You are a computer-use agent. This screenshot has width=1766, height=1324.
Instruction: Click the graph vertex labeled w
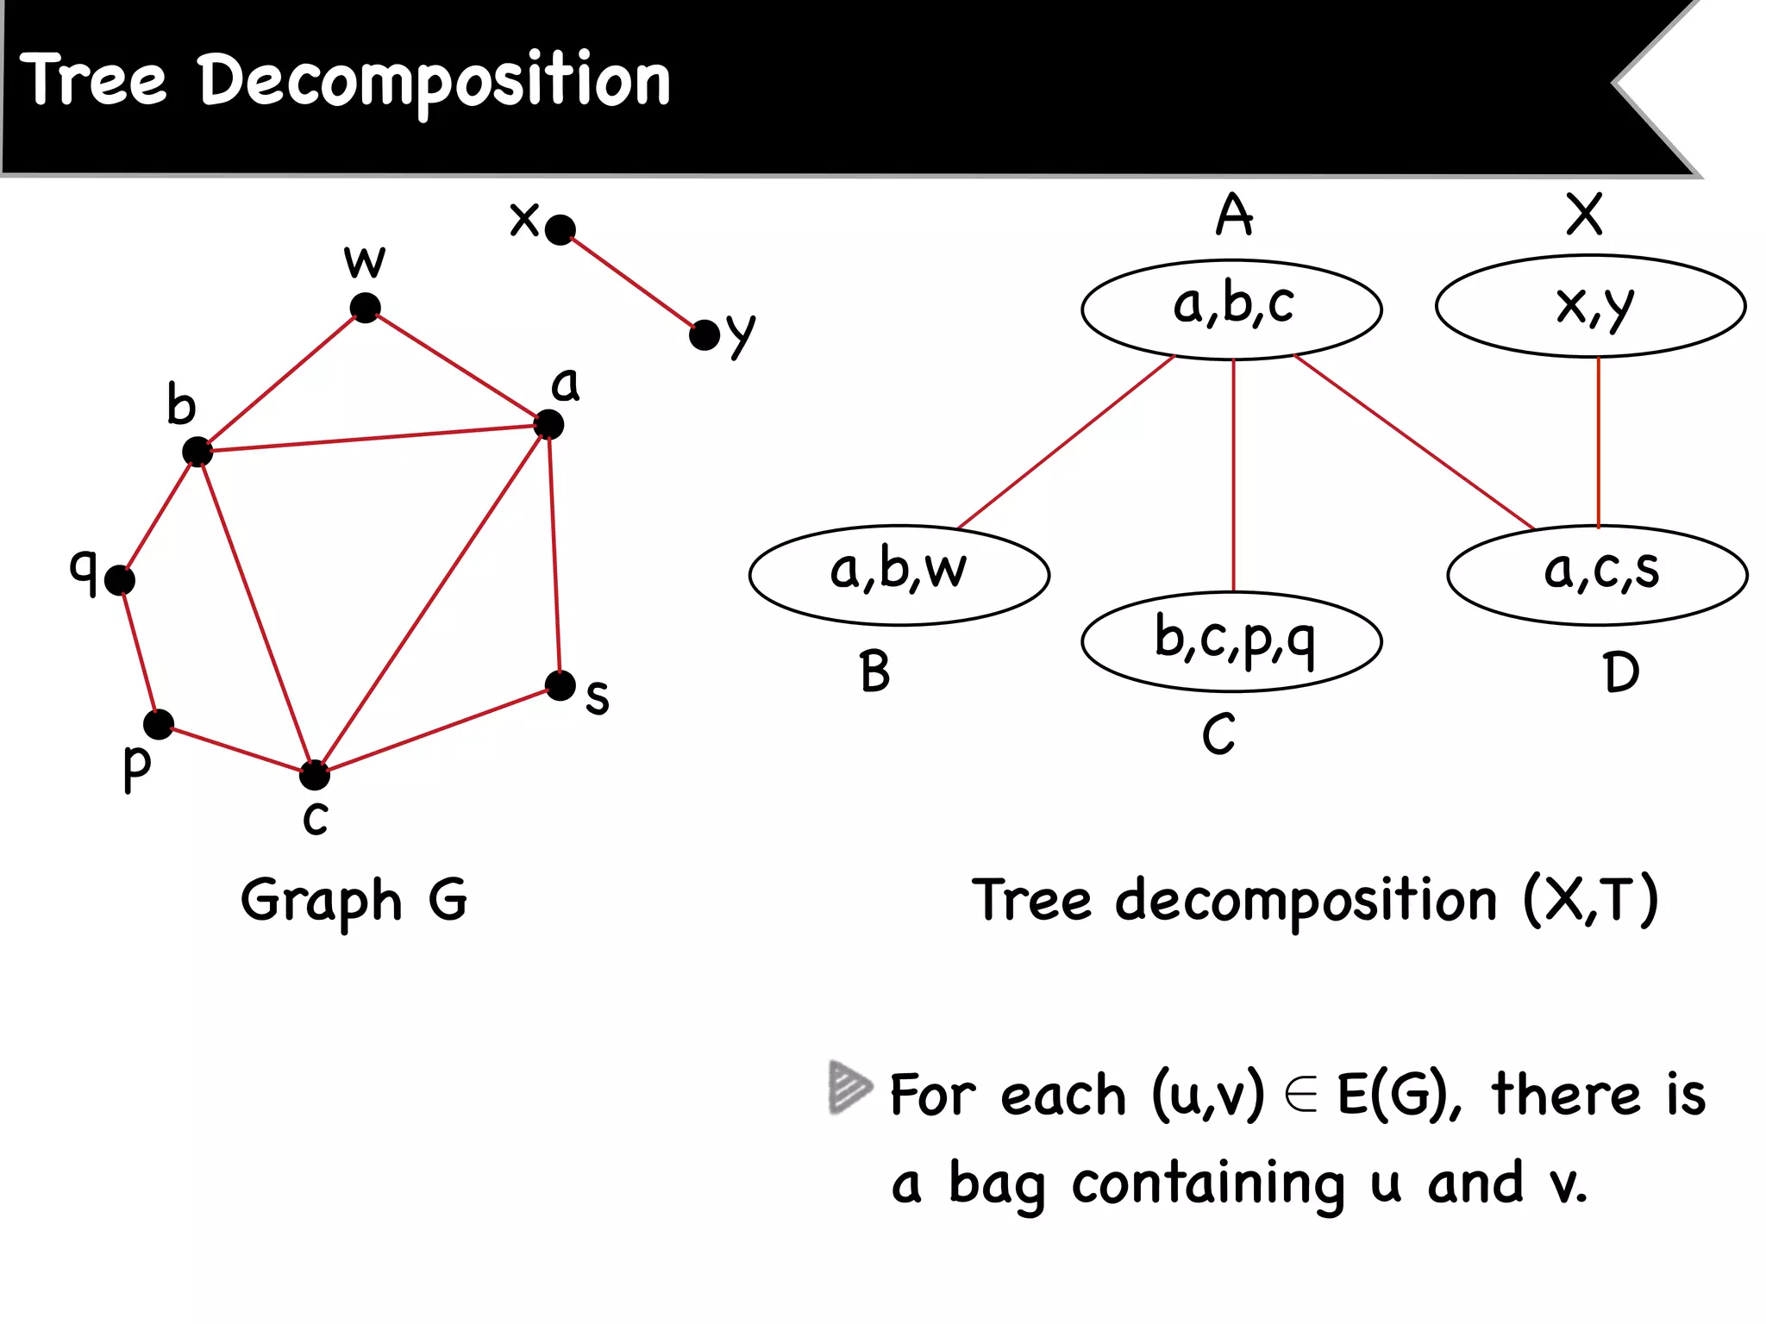(x=366, y=308)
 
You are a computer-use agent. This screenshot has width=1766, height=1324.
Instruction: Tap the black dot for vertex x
(x=560, y=229)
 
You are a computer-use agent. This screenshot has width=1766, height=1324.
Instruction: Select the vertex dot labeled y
(x=705, y=335)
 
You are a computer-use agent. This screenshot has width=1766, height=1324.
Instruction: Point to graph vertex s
(x=560, y=686)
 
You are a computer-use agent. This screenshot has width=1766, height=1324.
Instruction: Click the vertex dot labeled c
(x=315, y=775)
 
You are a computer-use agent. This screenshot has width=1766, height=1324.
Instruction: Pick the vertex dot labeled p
(x=159, y=724)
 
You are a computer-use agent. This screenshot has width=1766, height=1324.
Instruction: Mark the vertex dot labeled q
(x=120, y=580)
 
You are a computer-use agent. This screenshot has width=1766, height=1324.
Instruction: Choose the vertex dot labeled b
(x=197, y=451)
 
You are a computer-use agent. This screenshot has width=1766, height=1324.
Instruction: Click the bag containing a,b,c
(x=1232, y=309)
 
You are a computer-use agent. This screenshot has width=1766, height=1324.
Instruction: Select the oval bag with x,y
(x=1591, y=306)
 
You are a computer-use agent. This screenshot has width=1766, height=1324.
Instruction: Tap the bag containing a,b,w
(x=899, y=574)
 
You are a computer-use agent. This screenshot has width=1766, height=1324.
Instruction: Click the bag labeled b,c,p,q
(x=1232, y=641)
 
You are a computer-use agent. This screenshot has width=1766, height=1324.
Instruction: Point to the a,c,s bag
(x=1598, y=574)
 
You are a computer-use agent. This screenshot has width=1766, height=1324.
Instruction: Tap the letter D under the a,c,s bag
(x=1620, y=672)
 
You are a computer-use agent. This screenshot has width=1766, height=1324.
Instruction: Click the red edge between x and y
(x=632, y=282)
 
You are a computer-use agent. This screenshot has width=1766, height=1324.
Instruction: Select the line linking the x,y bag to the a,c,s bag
(x=1599, y=441)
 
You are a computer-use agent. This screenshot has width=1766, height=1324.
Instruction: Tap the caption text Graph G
(x=354, y=901)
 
